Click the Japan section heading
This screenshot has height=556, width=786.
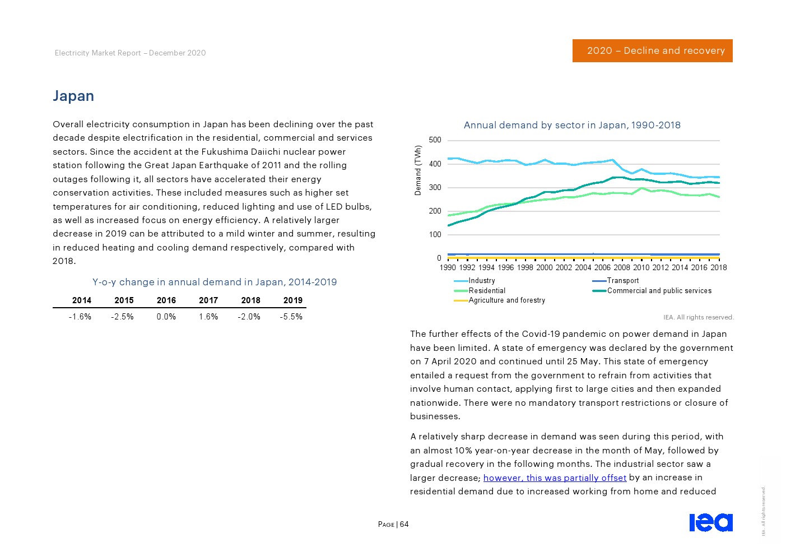click(73, 96)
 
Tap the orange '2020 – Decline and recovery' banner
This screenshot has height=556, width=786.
click(652, 50)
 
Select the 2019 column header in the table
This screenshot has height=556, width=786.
click(292, 300)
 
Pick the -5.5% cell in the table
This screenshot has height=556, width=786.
click(291, 317)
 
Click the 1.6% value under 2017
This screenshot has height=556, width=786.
click(208, 317)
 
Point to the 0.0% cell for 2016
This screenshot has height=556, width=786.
click(166, 317)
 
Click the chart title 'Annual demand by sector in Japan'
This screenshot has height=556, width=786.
click(572, 125)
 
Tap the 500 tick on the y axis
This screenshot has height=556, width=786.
click(435, 140)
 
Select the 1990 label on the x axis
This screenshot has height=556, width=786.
click(448, 267)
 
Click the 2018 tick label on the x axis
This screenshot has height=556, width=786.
click(718, 267)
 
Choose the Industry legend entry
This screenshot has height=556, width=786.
click(481, 281)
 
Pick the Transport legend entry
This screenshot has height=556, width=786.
click(622, 281)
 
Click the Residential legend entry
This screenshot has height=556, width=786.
click(486, 291)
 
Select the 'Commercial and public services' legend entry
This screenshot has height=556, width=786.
click(659, 291)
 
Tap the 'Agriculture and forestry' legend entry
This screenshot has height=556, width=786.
click(506, 300)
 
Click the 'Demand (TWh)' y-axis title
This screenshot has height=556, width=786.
click(417, 170)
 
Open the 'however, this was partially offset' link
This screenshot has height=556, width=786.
click(555, 478)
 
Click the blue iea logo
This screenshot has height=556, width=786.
click(710, 522)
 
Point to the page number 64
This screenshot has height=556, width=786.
click(404, 525)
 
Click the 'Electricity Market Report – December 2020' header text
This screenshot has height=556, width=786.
click(131, 53)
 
